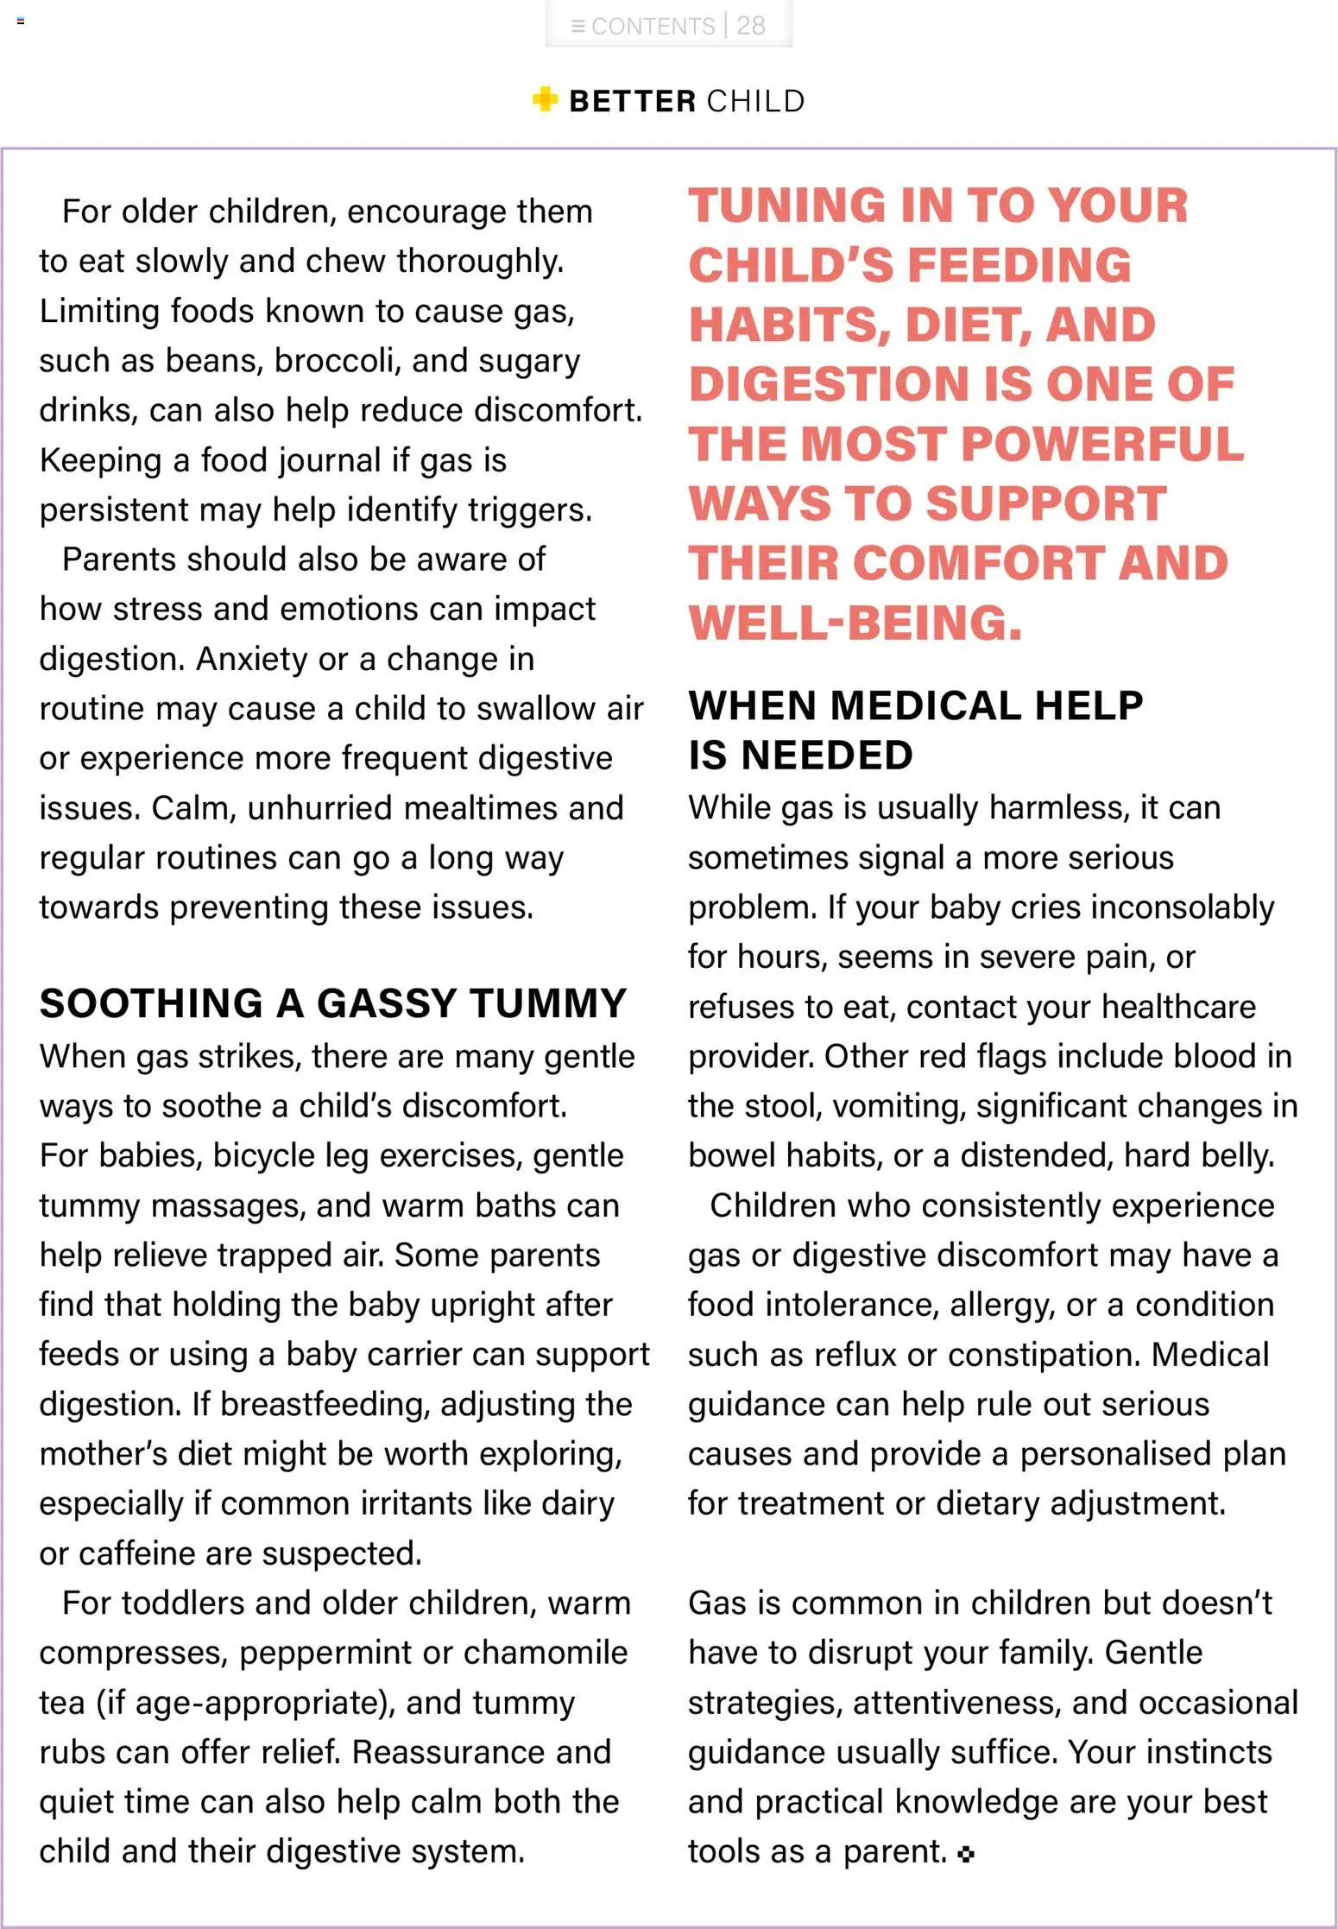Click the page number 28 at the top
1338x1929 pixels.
click(x=750, y=26)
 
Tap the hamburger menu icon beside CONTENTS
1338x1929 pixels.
click(x=578, y=27)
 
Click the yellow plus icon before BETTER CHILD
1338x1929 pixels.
click(x=545, y=99)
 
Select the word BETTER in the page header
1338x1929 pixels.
click(x=633, y=101)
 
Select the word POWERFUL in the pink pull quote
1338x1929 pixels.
click(x=1101, y=444)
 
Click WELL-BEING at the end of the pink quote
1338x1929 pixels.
click(x=855, y=623)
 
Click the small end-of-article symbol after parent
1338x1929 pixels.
click(x=966, y=1853)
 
